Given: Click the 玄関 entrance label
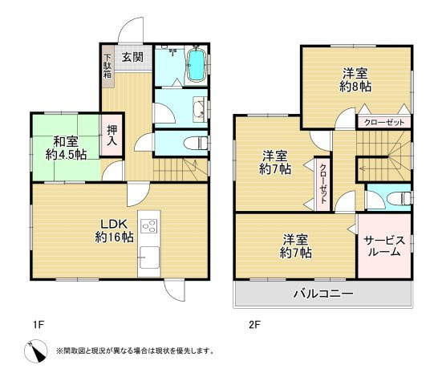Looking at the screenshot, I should point(133,57).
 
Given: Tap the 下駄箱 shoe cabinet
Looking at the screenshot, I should point(107,70).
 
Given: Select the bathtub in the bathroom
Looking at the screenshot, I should point(195,68).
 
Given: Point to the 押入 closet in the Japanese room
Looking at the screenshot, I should point(112,136).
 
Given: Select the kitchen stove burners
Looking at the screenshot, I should point(148,226).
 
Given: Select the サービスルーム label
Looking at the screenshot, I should point(383,245).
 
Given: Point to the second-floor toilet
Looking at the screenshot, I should point(397,198).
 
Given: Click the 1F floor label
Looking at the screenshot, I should point(38,325).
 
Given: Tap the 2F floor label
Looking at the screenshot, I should point(254,325).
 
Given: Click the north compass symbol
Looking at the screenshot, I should point(35,350).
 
